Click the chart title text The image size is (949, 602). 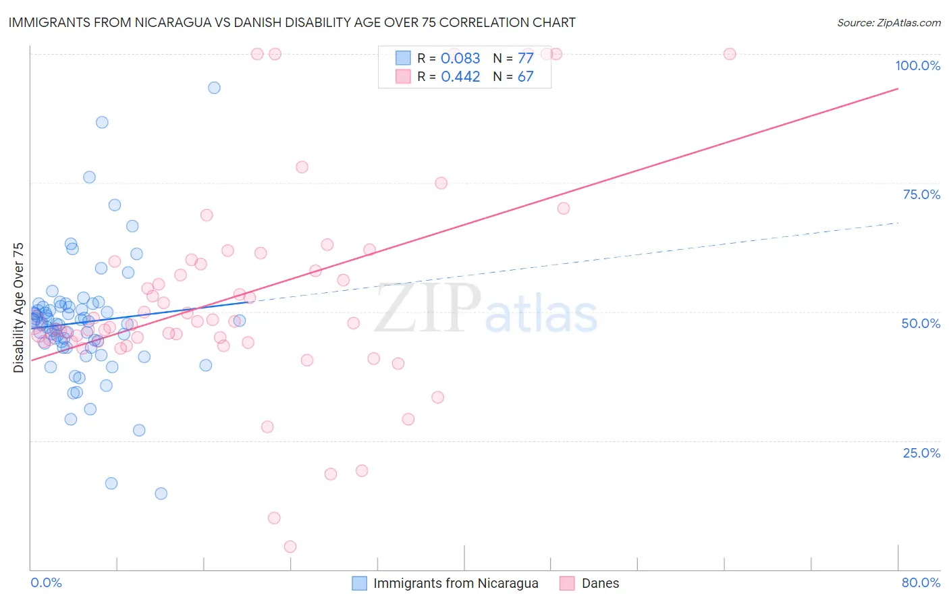point(292,22)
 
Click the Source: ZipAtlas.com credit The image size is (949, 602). point(888,22)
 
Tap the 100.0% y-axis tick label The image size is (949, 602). point(917,65)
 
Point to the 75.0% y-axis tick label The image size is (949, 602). point(921,194)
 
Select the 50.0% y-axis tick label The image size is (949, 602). point(921,323)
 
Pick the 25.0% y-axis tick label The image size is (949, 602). point(921,453)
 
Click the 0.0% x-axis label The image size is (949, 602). point(46,582)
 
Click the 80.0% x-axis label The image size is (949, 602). point(921,582)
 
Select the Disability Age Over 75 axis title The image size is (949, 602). point(18,308)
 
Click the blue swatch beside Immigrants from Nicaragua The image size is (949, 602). point(360,583)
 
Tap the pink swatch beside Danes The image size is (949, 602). point(567,583)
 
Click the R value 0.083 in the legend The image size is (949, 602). point(460,59)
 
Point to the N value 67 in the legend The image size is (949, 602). point(525,77)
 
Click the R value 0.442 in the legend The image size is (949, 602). point(460,77)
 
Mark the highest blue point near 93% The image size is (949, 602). point(214,88)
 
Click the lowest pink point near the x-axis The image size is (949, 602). point(290,547)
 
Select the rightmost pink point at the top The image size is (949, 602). point(730,54)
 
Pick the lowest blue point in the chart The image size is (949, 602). point(161,493)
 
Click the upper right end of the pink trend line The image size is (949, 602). point(898,88)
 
